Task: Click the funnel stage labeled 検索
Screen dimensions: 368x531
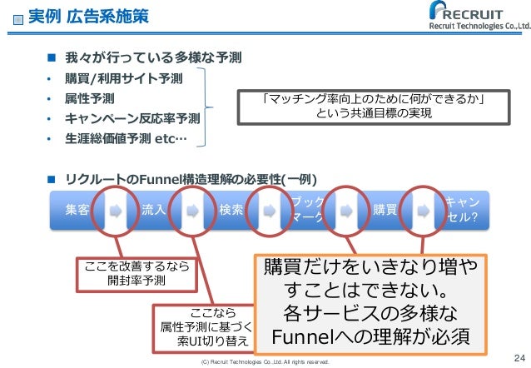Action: coord(231,210)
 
